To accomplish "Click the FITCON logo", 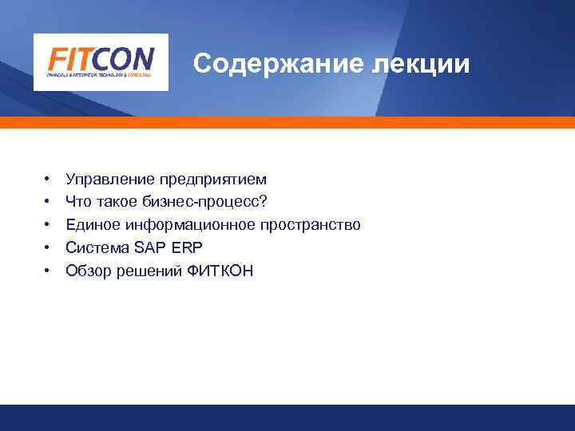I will (x=101, y=61).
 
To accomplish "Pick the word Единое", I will (x=89, y=225).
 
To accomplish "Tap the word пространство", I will (x=310, y=225).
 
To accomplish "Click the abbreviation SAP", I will (x=144, y=247).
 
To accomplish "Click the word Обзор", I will (x=87, y=271).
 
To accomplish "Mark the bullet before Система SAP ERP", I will (x=48, y=247).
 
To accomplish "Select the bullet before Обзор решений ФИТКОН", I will (x=48, y=271).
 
